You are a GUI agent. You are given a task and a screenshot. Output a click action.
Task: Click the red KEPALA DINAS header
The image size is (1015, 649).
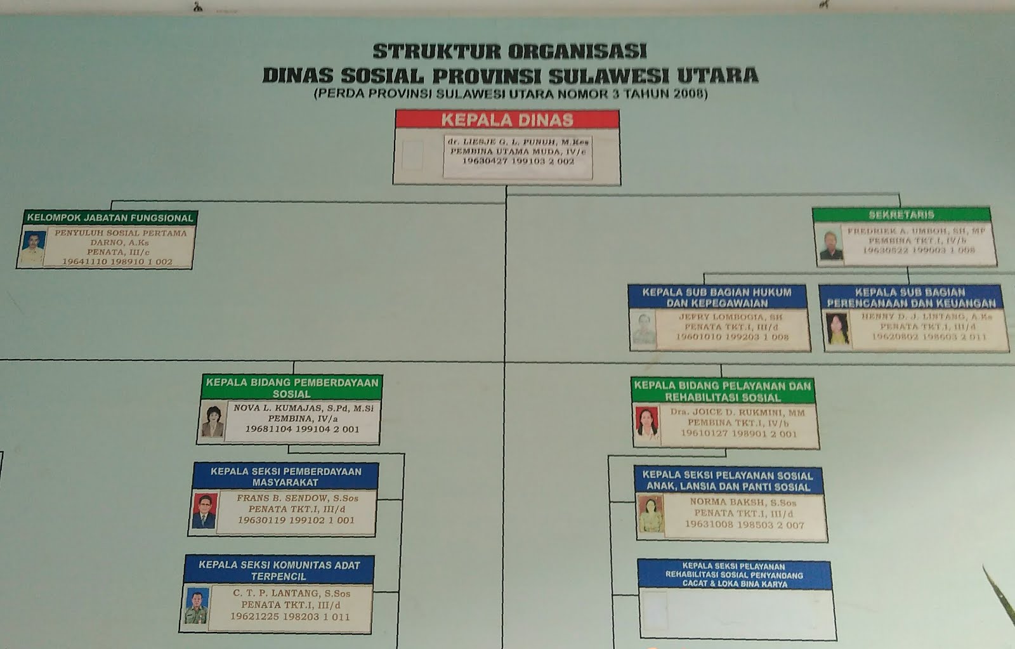pos(507,119)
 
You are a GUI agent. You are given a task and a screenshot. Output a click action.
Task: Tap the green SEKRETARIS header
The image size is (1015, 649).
pos(901,214)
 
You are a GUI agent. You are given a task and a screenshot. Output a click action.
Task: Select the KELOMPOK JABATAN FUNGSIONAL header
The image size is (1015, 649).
pos(110,218)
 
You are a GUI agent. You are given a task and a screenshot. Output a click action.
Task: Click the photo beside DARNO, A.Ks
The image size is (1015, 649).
pos(32,247)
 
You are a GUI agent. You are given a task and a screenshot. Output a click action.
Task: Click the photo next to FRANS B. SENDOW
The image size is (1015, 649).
pos(204,511)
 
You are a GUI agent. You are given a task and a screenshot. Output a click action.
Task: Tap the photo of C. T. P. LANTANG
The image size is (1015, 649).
pos(197,606)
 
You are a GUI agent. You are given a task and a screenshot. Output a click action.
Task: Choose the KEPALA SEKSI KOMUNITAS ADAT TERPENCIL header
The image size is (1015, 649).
pos(278,570)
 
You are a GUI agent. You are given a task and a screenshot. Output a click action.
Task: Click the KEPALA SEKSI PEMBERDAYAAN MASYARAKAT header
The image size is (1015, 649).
pos(285,476)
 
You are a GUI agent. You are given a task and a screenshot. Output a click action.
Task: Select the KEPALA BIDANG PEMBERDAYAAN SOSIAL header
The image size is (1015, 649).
pos(291,388)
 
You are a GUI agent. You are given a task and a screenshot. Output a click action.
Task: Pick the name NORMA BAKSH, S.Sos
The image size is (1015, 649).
pos(743,502)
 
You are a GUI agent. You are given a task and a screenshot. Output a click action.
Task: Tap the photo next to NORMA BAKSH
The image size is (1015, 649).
pos(650,515)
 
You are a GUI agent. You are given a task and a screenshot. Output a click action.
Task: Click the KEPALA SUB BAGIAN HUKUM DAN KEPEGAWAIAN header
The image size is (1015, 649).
pos(717,298)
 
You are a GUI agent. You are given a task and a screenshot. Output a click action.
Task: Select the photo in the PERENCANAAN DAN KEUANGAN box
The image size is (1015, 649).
pos(837,329)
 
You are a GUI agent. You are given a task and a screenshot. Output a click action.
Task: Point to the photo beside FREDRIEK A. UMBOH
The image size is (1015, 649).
pos(830,246)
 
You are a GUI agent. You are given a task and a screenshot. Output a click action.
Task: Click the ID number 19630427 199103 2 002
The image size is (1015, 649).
pos(518,162)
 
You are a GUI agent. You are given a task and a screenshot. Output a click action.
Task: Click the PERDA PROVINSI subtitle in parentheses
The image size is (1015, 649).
pos(510,94)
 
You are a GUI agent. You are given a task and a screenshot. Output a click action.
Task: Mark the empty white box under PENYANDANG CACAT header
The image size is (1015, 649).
pos(736,613)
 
